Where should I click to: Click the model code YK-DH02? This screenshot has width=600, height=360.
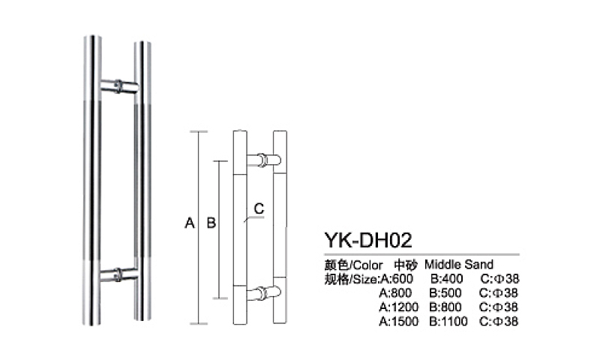(x=368, y=239)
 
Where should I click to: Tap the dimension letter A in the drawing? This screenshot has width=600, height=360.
(x=190, y=223)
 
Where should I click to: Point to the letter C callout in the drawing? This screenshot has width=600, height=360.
(x=258, y=208)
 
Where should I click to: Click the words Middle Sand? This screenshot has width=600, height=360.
(x=459, y=265)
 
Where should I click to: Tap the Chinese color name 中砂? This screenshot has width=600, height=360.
(x=405, y=265)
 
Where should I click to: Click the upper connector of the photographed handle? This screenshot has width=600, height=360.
(x=119, y=86)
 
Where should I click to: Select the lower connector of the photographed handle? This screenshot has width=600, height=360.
(x=119, y=274)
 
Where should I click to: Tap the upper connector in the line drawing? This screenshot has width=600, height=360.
(x=263, y=160)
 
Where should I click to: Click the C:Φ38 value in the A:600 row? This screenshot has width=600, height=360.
(x=499, y=278)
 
